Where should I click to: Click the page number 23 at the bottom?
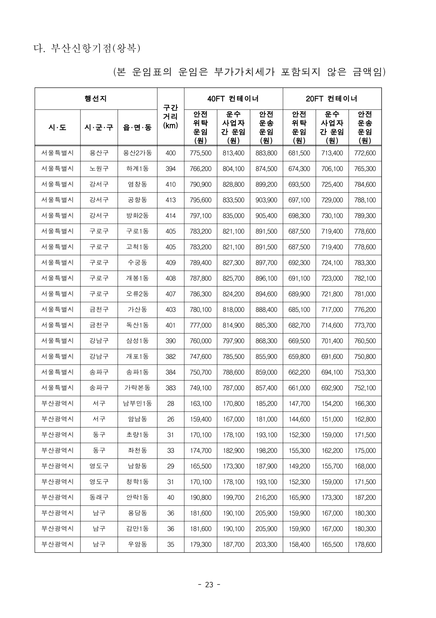click(x=209, y=585)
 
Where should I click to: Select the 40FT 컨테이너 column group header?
click(x=233, y=99)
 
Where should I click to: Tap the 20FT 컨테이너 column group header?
click(x=332, y=99)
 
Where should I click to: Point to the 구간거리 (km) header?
click(x=171, y=117)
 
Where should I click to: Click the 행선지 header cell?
click(x=96, y=99)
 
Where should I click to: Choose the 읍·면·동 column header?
click(x=137, y=128)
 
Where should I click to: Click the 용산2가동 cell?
click(x=137, y=153)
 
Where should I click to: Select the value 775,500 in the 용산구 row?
click(x=201, y=153)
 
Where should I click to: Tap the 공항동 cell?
click(x=137, y=200)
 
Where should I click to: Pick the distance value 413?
click(x=171, y=200)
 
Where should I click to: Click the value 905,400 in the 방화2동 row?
click(x=266, y=216)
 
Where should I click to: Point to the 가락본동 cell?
click(x=137, y=388)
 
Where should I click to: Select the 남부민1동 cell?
click(x=137, y=403)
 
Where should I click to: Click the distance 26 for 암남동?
click(x=171, y=419)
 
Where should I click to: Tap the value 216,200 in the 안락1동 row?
click(x=266, y=497)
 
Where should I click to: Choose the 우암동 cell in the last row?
click(x=137, y=544)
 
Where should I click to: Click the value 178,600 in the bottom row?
click(x=365, y=544)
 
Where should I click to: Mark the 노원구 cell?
click(x=99, y=169)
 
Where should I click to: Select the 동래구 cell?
click(x=99, y=497)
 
